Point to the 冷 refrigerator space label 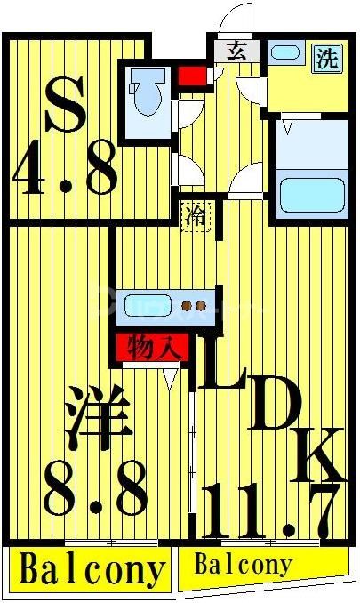[x=196, y=214]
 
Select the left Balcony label [x=91, y=569]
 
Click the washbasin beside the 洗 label [x=286, y=52]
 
